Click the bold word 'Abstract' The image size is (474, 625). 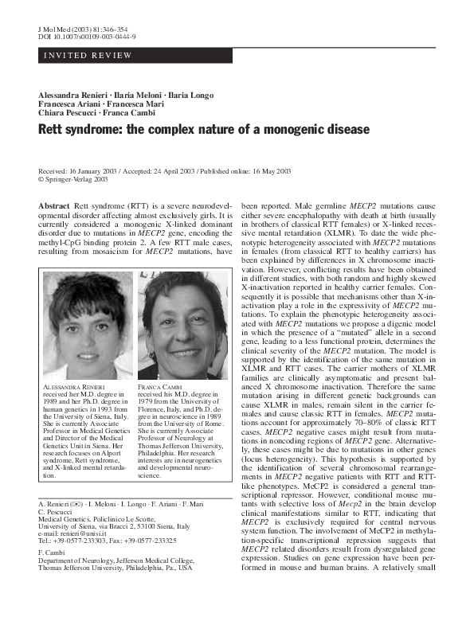click(x=54, y=206)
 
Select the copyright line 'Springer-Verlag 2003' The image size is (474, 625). click(x=76, y=180)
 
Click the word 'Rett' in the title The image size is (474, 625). click(x=54, y=128)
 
